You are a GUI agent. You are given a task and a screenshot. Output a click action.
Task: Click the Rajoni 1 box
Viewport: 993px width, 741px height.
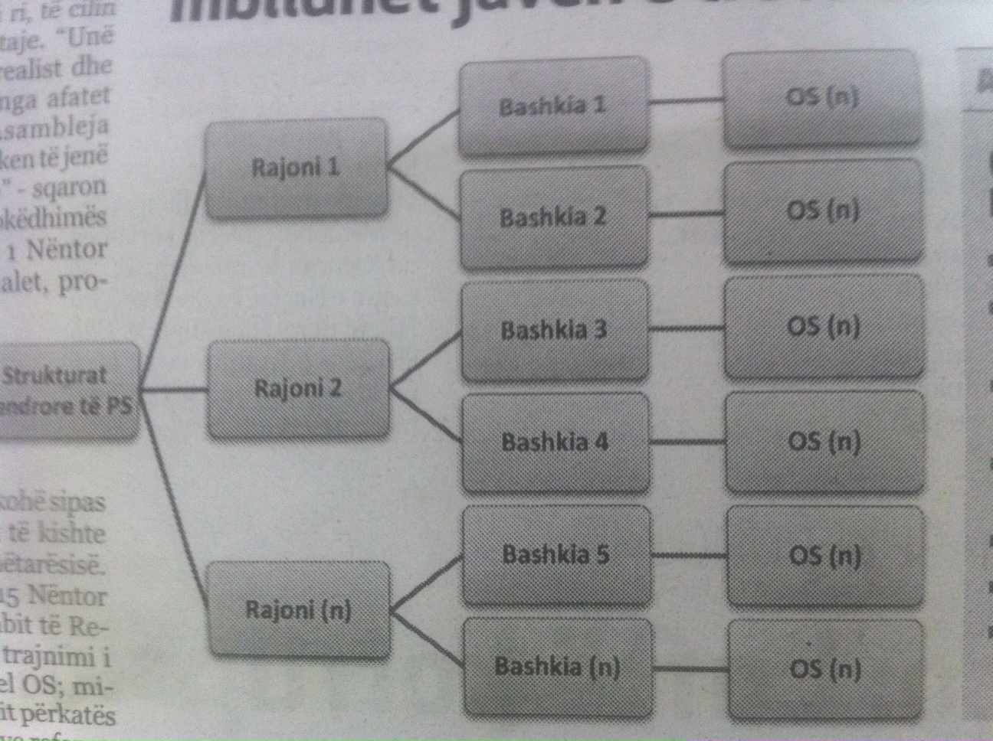[x=296, y=168]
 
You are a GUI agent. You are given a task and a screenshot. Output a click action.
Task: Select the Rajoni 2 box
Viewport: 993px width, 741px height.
[x=297, y=389]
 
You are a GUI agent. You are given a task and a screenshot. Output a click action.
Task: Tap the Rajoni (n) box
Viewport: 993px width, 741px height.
[x=299, y=610]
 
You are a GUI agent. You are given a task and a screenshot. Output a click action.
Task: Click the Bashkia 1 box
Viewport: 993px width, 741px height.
[x=552, y=106]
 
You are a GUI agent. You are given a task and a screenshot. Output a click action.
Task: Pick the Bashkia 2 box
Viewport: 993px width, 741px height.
[x=553, y=217]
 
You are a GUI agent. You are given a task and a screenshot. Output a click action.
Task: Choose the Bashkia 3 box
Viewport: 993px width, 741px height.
[x=554, y=330]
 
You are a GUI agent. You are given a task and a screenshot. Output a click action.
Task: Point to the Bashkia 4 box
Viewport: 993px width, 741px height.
[x=555, y=442]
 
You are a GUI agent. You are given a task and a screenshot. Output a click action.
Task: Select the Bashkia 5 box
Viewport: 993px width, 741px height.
[x=556, y=553]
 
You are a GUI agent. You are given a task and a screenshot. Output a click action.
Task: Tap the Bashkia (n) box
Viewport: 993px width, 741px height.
[x=558, y=667]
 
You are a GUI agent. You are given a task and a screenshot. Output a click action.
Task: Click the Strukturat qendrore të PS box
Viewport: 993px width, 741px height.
[x=67, y=391]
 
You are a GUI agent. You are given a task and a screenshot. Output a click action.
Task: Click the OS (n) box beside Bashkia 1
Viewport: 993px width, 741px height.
[x=822, y=99]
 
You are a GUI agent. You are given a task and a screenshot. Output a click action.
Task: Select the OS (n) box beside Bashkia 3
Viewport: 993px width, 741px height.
[x=824, y=327]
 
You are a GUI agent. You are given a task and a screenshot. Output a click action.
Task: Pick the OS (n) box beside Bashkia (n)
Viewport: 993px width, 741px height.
[x=826, y=669]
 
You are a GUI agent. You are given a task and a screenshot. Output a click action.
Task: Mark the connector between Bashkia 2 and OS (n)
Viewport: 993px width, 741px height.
[x=687, y=215]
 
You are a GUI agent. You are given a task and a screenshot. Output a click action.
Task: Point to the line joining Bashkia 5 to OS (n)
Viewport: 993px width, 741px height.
[x=688, y=554]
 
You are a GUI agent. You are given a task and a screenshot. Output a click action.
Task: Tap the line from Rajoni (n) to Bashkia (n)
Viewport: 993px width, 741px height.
[x=426, y=638]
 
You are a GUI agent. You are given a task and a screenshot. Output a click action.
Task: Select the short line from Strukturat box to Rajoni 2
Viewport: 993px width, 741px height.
[x=174, y=390]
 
